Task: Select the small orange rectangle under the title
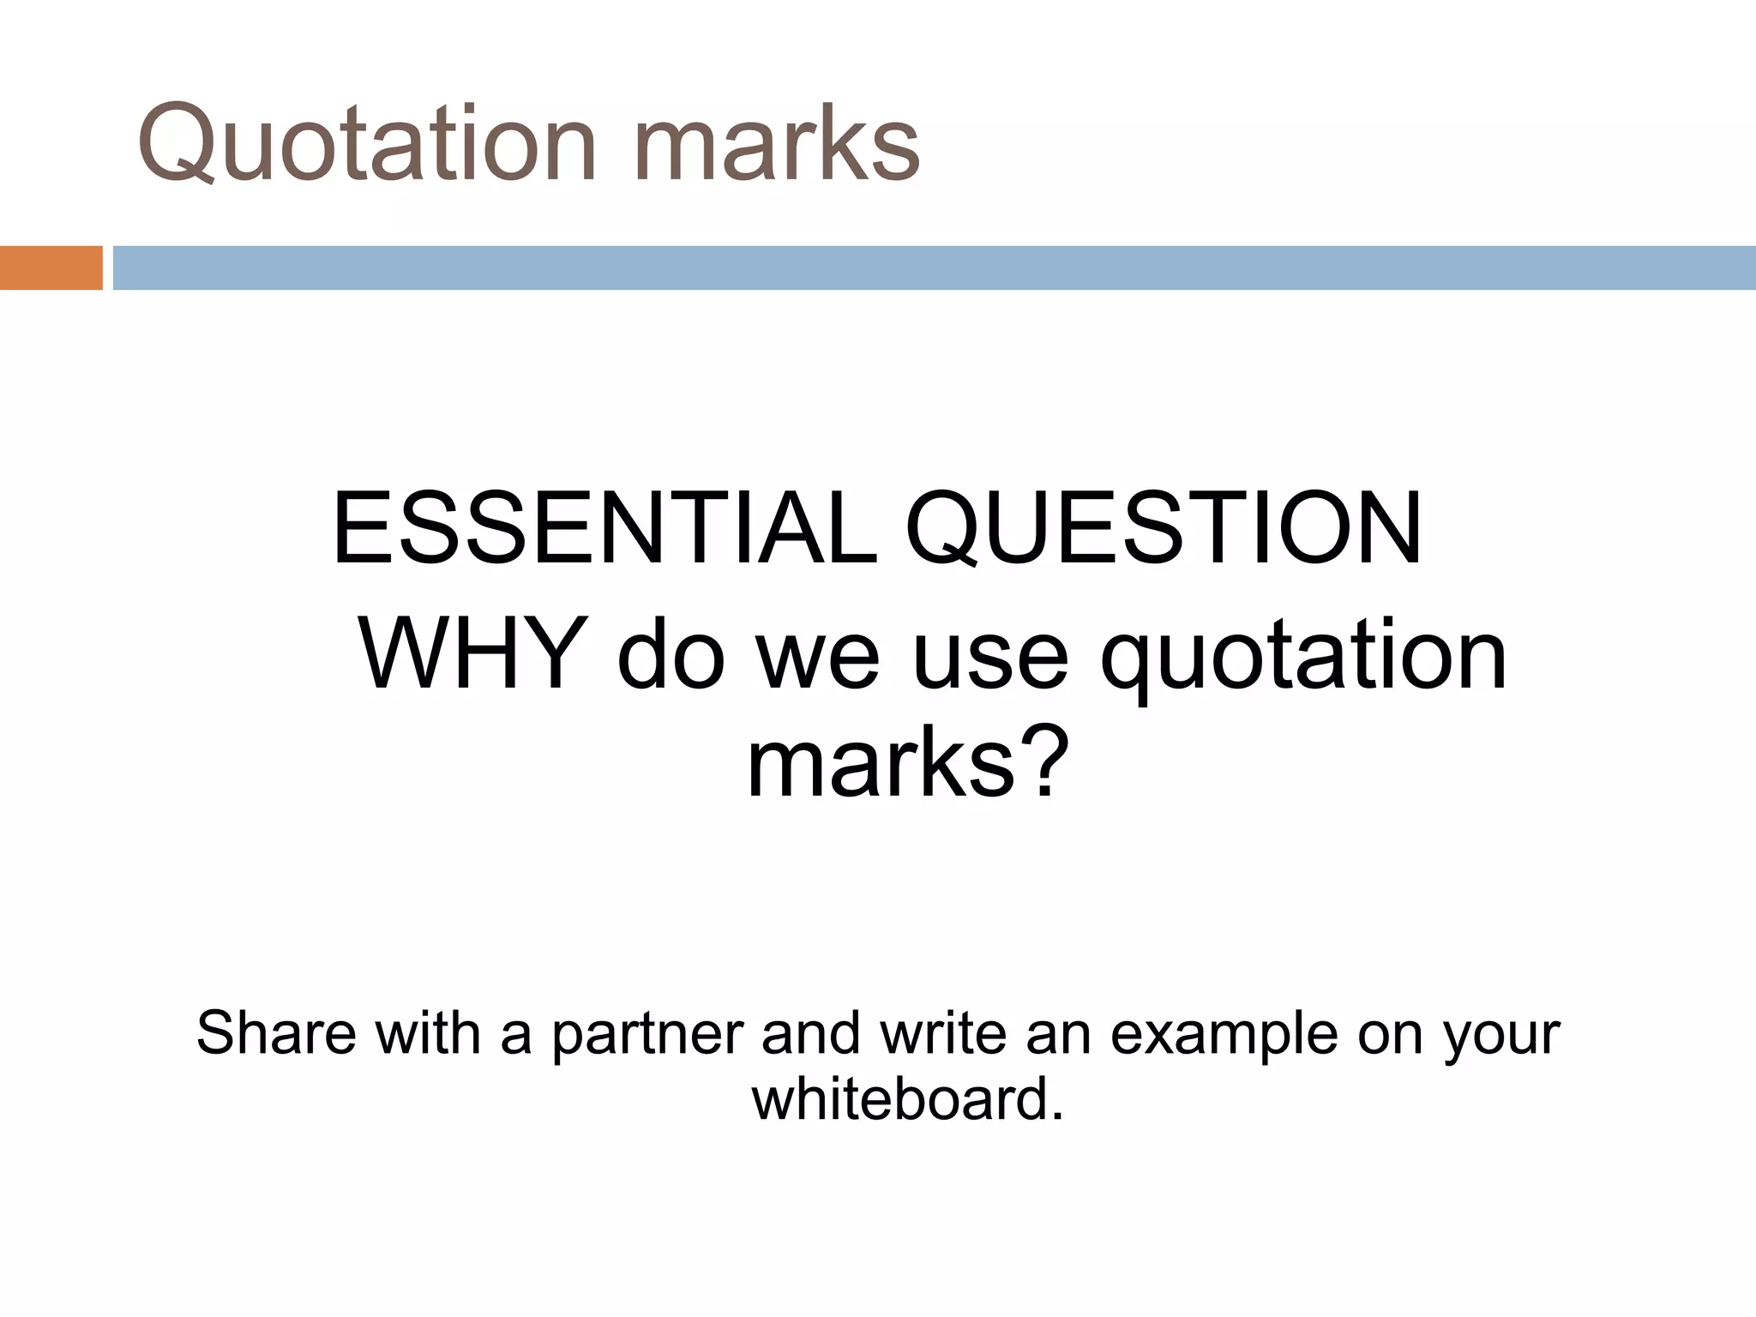(x=51, y=268)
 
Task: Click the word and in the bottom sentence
(x=811, y=1033)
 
